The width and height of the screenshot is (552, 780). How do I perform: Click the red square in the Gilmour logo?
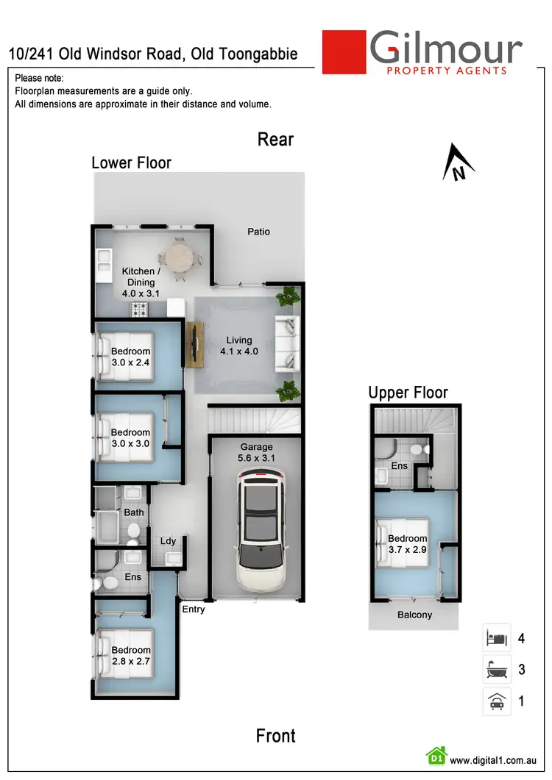(344, 51)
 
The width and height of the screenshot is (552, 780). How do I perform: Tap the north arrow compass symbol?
(458, 164)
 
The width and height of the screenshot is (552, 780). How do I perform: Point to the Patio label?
(258, 232)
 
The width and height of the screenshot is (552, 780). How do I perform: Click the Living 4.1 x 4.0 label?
(239, 346)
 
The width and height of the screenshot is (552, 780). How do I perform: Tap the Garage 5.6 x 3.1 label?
(256, 452)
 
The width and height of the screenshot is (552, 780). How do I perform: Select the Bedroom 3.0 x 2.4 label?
(130, 357)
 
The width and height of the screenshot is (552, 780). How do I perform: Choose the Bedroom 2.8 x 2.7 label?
(131, 656)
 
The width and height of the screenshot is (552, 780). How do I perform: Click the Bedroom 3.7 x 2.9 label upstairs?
(407, 544)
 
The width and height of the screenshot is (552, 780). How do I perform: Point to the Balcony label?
(414, 615)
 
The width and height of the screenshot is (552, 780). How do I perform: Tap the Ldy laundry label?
(169, 541)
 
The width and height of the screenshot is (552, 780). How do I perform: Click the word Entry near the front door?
(194, 609)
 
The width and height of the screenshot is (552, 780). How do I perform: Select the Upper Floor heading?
(408, 393)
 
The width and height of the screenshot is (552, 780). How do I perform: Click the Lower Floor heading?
(131, 162)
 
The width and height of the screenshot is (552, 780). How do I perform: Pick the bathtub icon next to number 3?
(496, 670)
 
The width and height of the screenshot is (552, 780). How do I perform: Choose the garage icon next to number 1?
(496, 701)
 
